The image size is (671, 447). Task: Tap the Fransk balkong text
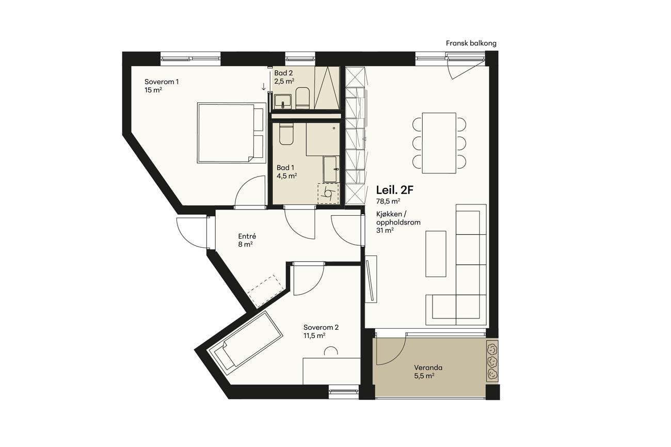pos(471,43)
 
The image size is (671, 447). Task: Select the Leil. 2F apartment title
pos(394,190)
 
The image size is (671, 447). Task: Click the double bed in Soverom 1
pos(232,133)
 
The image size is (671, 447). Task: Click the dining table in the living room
pos(439,143)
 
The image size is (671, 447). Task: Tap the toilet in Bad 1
pos(286,134)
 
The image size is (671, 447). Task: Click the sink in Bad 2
pos(282,101)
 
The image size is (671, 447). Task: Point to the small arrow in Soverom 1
pos(264,87)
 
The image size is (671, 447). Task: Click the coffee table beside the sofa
pos(436,254)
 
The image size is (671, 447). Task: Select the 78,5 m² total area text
pos(388,201)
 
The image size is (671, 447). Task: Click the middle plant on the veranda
pos(491,362)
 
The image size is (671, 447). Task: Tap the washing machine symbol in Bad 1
pos(328,194)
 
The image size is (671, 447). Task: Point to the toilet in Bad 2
pos(302,98)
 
